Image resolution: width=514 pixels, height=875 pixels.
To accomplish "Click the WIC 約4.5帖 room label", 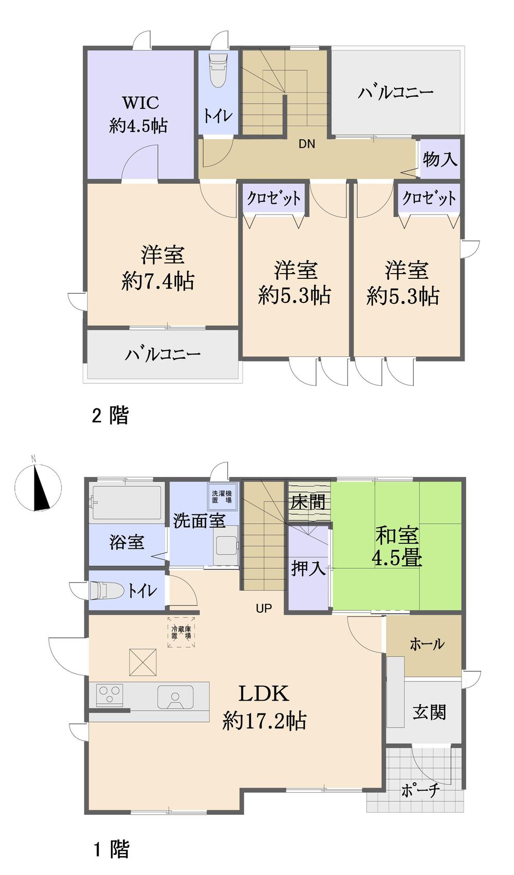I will [139, 114].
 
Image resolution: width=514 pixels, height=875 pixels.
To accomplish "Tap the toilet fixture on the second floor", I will [217, 71].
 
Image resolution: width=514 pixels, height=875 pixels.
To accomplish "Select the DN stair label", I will [307, 144].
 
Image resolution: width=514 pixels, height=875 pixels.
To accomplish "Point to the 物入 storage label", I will [440, 159].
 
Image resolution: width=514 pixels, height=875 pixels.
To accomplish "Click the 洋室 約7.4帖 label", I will [159, 269].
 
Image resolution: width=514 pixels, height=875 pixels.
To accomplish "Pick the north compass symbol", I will [38, 488].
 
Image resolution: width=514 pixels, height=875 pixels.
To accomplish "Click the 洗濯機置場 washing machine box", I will [222, 496].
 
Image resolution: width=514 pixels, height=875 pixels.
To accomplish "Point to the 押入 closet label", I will [308, 568].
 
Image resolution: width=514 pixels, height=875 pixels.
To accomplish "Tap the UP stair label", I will [264, 609].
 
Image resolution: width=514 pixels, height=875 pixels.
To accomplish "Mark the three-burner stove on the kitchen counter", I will [109, 695].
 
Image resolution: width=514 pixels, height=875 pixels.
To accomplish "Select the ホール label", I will [427, 644].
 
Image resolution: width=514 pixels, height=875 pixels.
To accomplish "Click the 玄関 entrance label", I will [429, 712].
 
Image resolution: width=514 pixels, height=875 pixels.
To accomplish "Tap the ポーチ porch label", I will [420, 790].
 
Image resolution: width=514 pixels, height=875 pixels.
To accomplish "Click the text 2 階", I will [111, 415].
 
